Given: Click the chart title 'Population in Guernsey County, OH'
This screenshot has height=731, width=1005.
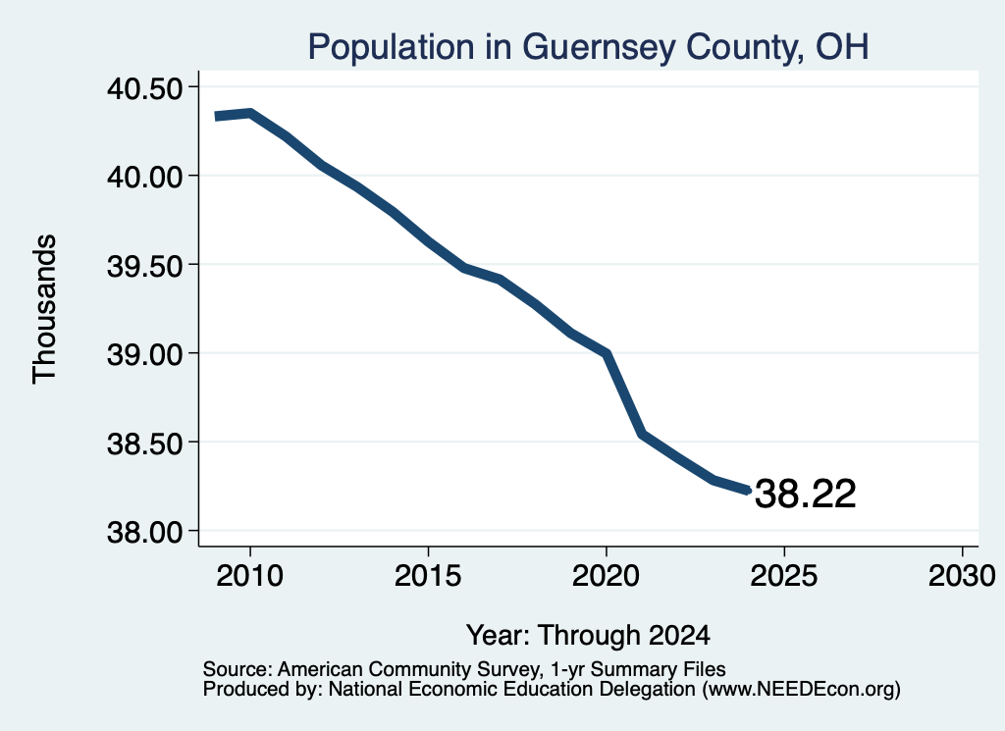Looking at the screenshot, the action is click(x=589, y=47).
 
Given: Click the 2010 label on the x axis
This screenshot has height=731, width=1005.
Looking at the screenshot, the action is click(x=250, y=576).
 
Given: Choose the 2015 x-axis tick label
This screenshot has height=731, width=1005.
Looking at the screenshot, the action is click(x=428, y=576).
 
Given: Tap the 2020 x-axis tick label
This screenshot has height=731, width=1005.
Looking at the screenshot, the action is click(x=606, y=576).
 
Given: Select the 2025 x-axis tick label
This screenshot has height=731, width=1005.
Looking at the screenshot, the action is click(x=784, y=576).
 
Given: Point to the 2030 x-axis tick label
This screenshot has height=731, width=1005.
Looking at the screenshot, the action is click(x=962, y=576).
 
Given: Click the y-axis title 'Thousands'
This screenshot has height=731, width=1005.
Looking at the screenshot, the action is click(x=45, y=309).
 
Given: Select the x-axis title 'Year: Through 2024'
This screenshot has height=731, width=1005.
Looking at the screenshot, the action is click(x=589, y=636).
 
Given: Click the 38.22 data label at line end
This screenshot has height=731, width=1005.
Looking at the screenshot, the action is click(x=806, y=494).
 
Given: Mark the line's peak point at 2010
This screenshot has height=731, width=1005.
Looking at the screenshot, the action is click(x=250, y=114).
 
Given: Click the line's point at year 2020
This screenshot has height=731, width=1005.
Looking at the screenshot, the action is click(x=606, y=353).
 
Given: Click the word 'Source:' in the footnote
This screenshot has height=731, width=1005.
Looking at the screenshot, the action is click(x=238, y=669).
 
